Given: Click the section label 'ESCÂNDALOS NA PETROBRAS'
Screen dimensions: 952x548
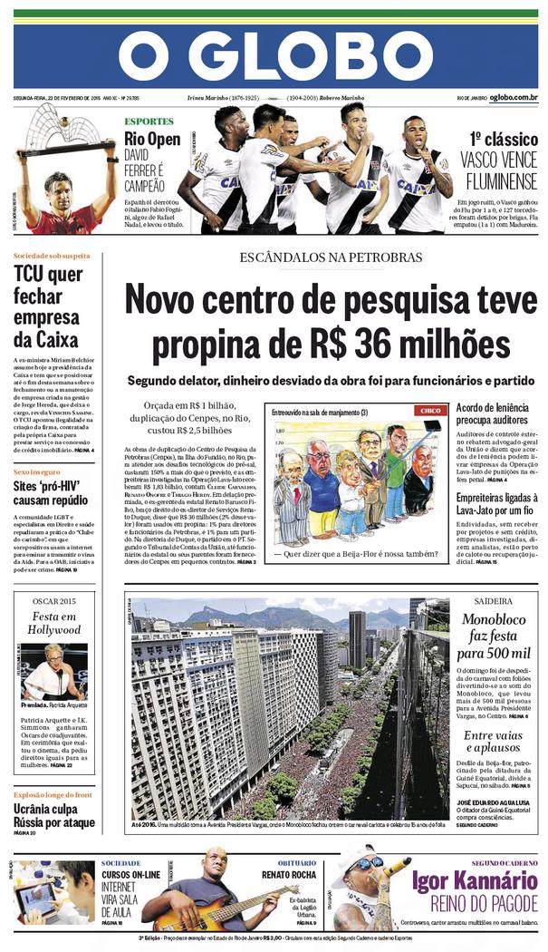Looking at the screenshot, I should click(331, 257).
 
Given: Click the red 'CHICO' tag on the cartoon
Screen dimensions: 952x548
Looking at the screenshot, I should click(428, 411).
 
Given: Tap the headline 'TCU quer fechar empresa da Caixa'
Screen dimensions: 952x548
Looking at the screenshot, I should click(48, 307).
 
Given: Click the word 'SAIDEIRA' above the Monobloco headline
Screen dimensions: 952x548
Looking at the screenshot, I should click(493, 600).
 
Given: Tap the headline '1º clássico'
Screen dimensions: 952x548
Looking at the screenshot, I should click(503, 139).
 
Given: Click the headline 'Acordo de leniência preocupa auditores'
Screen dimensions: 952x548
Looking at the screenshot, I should click(493, 414).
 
